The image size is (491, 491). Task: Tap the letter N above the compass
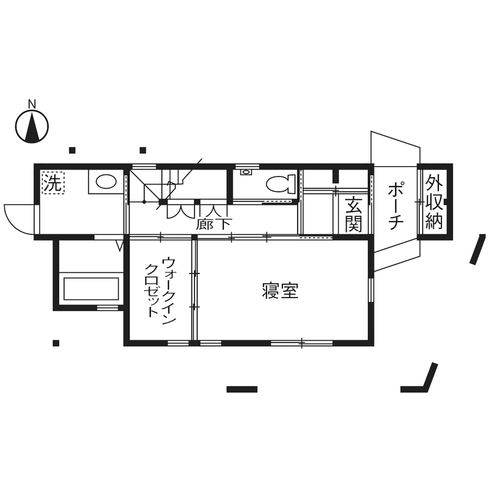(x=32, y=105)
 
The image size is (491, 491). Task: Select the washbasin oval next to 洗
(x=106, y=182)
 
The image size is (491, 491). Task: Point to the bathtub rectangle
(x=91, y=288)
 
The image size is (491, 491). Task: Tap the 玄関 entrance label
(x=352, y=215)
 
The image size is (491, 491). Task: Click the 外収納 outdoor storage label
(x=433, y=202)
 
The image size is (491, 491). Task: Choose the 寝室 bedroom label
(x=280, y=291)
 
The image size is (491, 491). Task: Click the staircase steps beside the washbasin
(x=155, y=186)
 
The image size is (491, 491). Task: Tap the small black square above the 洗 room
(x=72, y=150)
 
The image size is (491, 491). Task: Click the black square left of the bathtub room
(x=56, y=343)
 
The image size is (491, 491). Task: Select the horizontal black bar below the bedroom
(x=241, y=389)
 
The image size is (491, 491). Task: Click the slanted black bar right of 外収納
(x=479, y=250)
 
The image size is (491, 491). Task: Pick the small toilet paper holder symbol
(x=246, y=172)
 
